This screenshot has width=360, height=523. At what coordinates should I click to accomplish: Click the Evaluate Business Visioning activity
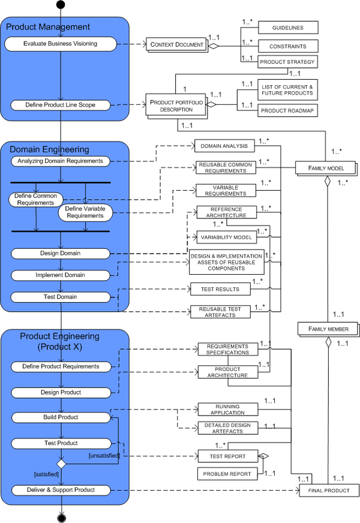coord(60,44)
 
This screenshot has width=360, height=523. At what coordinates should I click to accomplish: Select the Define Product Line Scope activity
coord(60,105)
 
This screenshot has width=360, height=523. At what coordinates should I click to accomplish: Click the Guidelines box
coord(288,28)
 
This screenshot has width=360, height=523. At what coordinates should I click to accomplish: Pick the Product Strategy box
coord(288,62)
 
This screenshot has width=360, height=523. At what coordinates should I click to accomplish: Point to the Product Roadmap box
coord(288,111)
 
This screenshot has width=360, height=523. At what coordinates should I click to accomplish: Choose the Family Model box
coord(326,169)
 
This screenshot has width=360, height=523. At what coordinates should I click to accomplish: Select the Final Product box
coord(329,491)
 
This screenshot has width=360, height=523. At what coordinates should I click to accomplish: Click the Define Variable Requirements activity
coord(85,212)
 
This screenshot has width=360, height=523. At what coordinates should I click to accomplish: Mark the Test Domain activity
coord(60,297)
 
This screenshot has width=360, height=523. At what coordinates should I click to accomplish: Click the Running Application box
coord(227,410)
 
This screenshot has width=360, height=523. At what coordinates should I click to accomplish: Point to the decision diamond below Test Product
coord(60,464)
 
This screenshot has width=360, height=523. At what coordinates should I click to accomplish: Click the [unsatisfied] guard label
coord(104,456)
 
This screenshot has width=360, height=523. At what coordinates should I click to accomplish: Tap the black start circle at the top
coord(60,5)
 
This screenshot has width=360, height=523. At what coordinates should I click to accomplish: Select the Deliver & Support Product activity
coord(60,490)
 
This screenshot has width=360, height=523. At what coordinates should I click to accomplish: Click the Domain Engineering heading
coord(49,149)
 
